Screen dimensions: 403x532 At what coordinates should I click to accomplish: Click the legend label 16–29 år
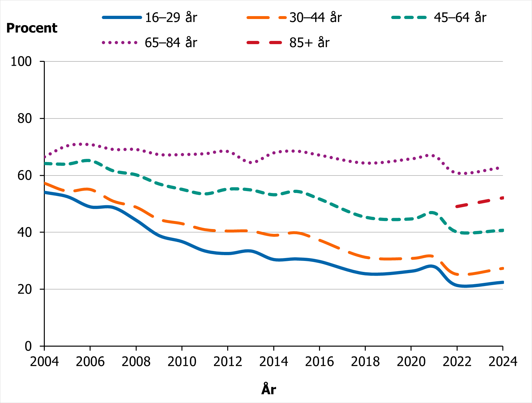click(x=171, y=17)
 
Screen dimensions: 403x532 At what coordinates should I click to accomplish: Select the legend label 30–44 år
click(x=315, y=17)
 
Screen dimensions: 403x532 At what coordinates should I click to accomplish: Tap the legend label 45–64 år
click(x=460, y=17)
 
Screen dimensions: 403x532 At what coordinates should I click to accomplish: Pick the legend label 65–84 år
click(x=171, y=43)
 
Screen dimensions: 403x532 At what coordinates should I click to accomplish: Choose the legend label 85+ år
click(x=309, y=43)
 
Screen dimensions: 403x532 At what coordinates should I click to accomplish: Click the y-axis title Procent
click(x=32, y=28)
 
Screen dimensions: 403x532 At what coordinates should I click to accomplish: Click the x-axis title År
click(x=269, y=389)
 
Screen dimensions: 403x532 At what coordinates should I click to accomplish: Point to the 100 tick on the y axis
click(x=21, y=61)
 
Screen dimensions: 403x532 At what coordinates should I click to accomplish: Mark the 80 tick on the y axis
click(x=24, y=119)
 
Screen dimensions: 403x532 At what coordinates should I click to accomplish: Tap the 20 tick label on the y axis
click(x=24, y=289)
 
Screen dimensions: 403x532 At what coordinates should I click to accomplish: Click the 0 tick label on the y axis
click(x=28, y=346)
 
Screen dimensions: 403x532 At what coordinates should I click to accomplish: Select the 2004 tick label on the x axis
click(x=44, y=361)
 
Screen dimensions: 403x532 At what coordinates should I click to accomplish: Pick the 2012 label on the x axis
click(x=228, y=361)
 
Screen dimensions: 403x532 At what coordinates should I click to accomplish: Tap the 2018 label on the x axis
click(x=365, y=361)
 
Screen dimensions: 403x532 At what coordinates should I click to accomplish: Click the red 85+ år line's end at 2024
click(x=502, y=198)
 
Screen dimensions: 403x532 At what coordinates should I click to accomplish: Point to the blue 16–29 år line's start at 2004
click(x=45, y=192)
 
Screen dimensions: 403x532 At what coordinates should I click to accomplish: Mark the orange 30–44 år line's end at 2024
click(x=502, y=268)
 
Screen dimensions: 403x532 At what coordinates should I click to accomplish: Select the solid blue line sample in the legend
click(x=122, y=17)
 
